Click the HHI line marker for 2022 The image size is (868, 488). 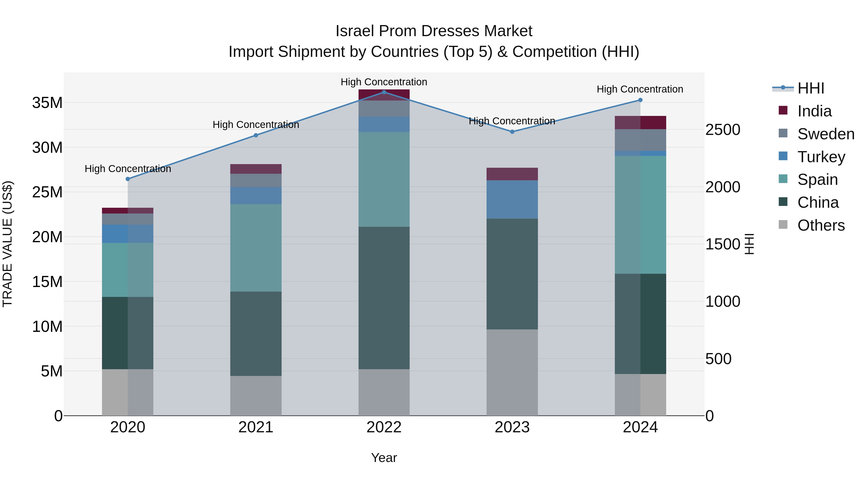(x=384, y=92)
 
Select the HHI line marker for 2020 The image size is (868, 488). (x=128, y=179)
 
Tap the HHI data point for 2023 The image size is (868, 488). (x=512, y=132)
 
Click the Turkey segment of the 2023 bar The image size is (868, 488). (x=512, y=199)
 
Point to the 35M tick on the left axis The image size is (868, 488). (x=47, y=103)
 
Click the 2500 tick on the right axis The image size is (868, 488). (x=723, y=130)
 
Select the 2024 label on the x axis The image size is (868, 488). (x=640, y=427)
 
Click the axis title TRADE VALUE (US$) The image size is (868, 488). (x=7, y=244)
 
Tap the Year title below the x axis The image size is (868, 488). (x=384, y=458)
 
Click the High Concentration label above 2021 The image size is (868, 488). (x=256, y=125)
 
